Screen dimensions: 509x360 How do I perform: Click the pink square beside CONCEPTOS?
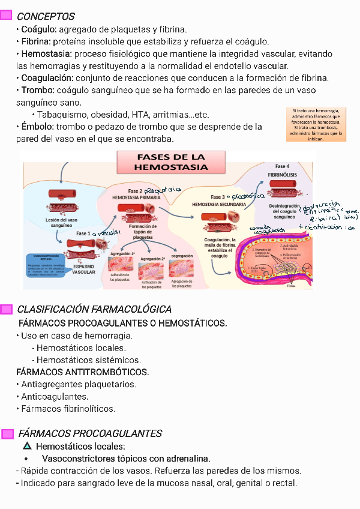pos(7,16)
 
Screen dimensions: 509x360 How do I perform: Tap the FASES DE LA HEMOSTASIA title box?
pos(171,162)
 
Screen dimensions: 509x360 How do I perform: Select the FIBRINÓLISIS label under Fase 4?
pos(283,175)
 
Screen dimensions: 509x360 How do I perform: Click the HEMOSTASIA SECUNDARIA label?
pos(218,204)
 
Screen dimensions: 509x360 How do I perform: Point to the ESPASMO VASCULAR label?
pos(84,268)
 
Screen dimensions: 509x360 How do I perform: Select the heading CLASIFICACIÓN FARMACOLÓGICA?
pos(94,309)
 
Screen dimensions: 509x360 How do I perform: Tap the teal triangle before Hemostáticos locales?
pos(26,447)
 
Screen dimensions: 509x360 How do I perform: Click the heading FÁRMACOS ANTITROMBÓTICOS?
pos(82,372)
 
